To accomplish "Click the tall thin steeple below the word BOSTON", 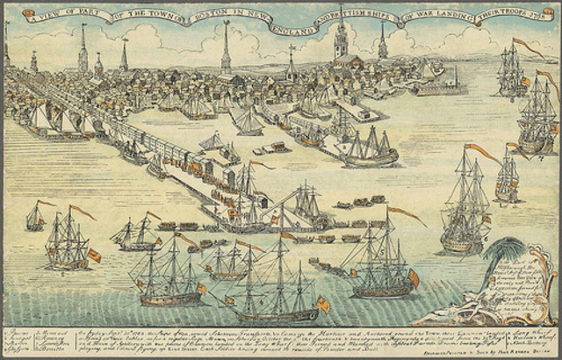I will pos(226,48).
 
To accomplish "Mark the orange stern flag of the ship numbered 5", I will pos(414,277).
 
